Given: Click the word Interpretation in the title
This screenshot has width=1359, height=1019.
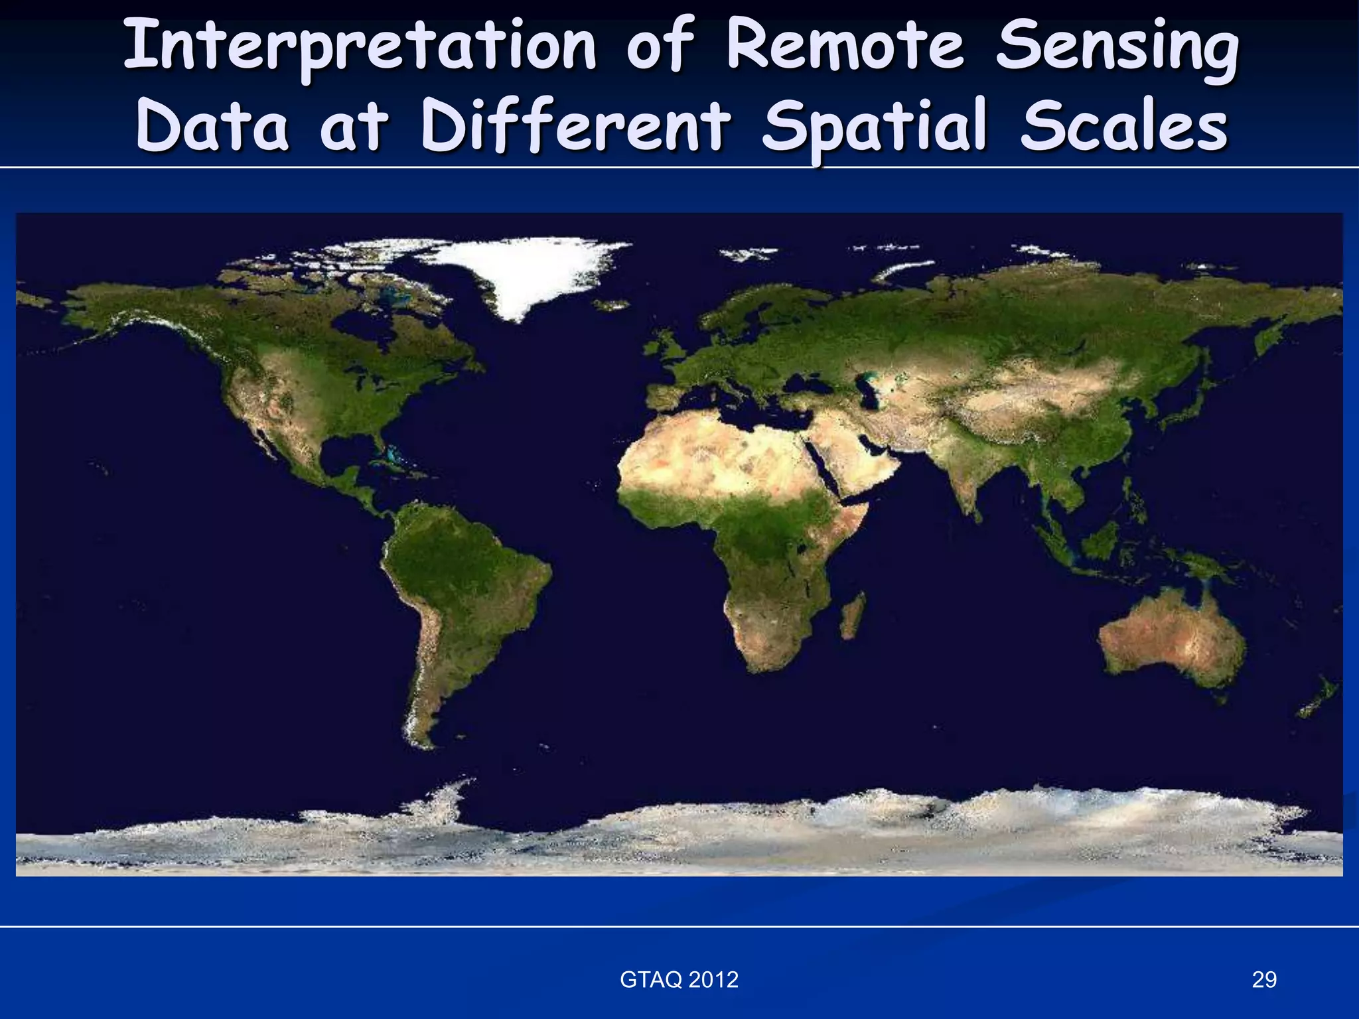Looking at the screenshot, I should [359, 46].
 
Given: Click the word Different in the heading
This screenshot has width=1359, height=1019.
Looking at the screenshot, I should [575, 126].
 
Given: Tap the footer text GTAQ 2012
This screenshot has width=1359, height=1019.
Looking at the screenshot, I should [679, 979].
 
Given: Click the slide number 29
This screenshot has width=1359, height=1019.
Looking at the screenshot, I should [1263, 979].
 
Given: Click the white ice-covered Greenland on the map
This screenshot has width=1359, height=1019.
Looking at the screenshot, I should [524, 272].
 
